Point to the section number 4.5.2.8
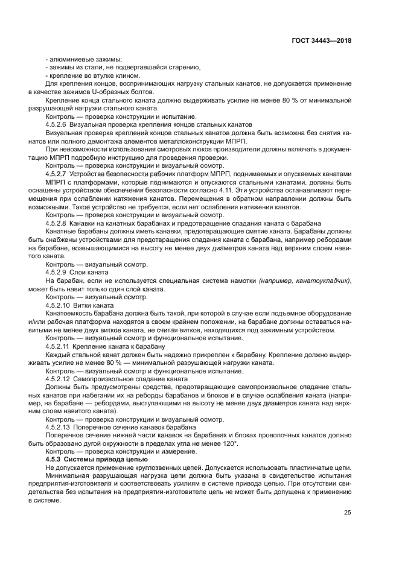pyautogui.click(x=59, y=223)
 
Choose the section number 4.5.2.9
pyautogui.click(x=59, y=272)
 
